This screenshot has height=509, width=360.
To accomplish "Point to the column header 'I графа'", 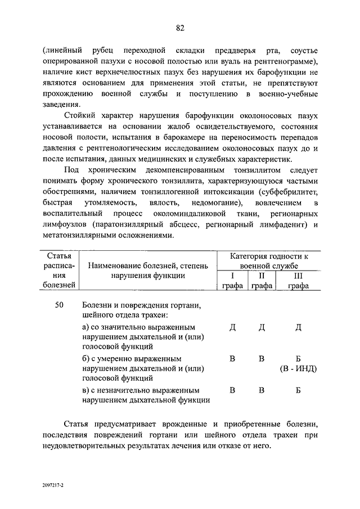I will click(232, 281).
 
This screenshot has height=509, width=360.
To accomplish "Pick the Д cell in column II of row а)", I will click(262, 328).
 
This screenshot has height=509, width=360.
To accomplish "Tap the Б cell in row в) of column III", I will click(298, 390).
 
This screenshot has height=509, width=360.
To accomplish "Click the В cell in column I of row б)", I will click(232, 358).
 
